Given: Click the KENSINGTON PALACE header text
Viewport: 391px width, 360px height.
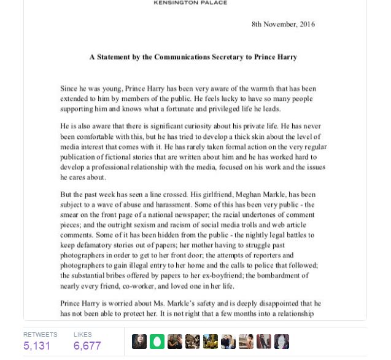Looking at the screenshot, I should tap(190, 3).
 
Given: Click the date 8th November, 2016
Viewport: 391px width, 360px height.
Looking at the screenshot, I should tap(283, 25).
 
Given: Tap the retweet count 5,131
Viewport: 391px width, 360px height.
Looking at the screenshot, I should tap(37, 346).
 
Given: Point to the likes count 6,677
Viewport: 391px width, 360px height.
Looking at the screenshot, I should tap(87, 346).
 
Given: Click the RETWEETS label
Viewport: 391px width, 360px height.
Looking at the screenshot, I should tap(40, 334).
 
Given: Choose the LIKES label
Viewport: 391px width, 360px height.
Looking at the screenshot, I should tap(82, 334).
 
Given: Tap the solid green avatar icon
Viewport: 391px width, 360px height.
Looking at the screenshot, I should tap(157, 342).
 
